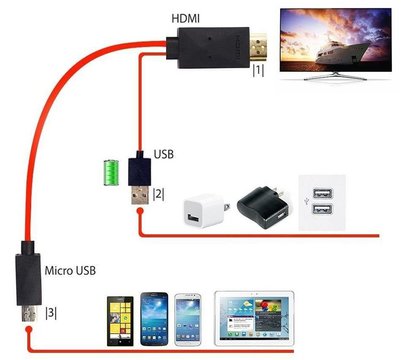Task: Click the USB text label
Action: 166,156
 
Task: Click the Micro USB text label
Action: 71,270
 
